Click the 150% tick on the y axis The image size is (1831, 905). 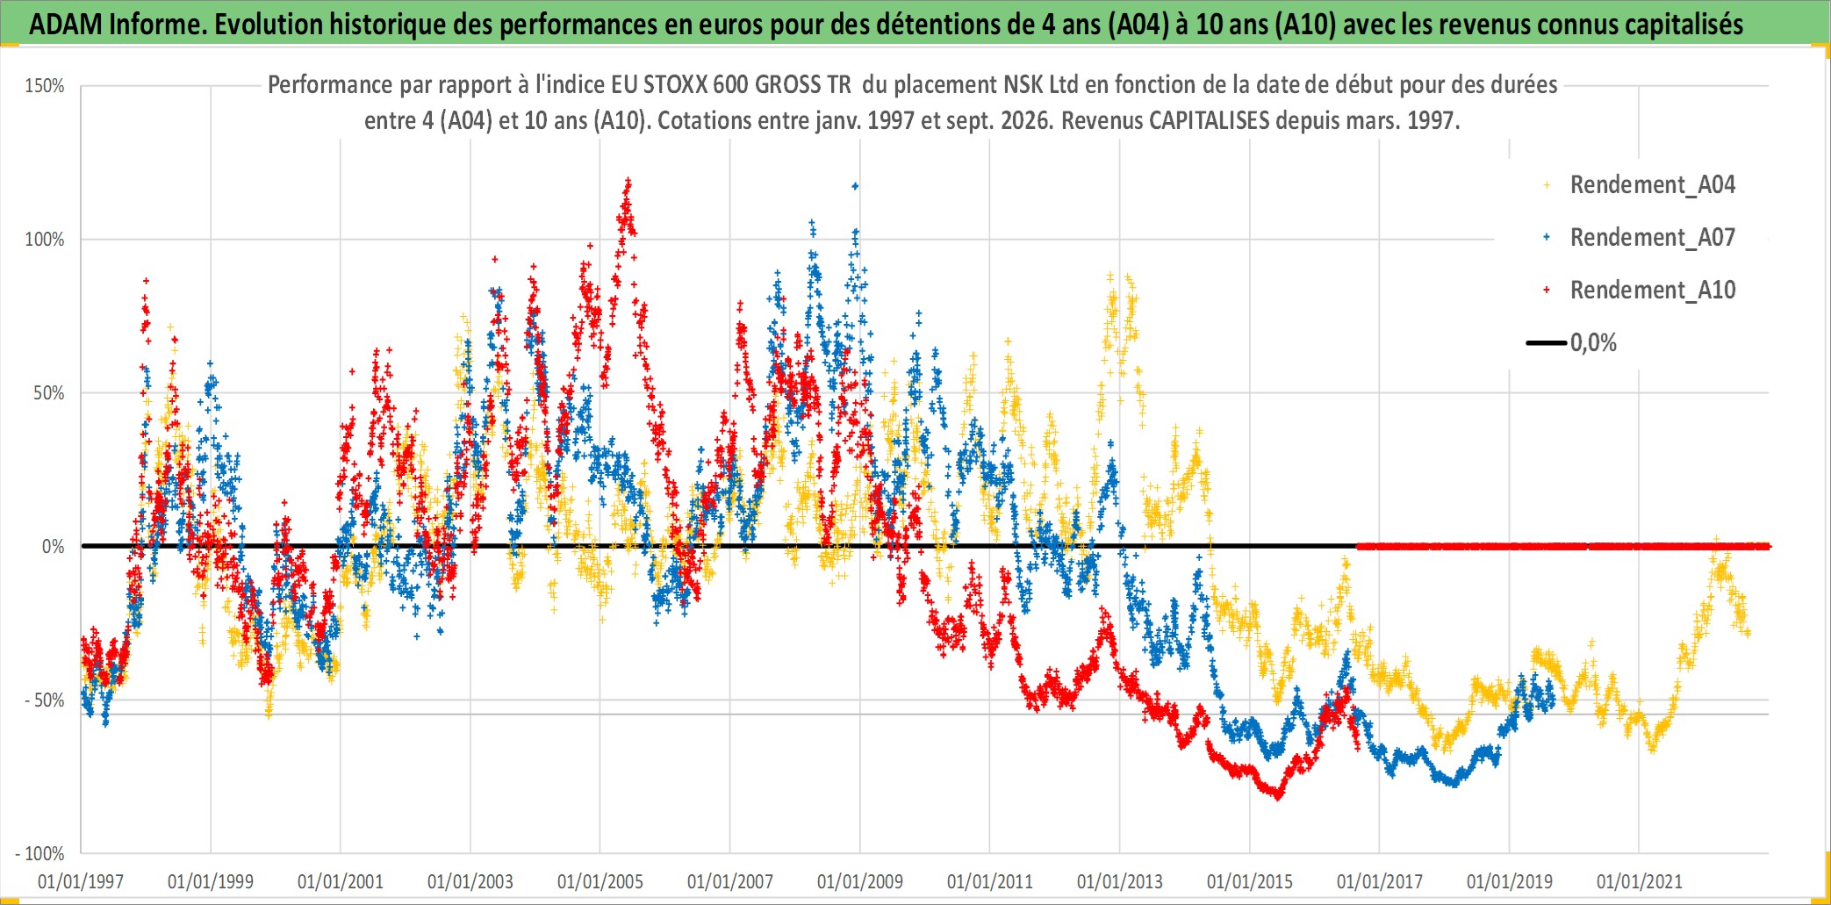pyautogui.click(x=44, y=86)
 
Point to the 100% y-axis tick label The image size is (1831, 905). pyautogui.click(x=44, y=240)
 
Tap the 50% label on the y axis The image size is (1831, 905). pyautogui.click(x=48, y=393)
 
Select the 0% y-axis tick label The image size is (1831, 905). pyautogui.click(x=54, y=547)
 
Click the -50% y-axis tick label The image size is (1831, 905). pyautogui.click(x=44, y=700)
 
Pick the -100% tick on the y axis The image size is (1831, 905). pyautogui.click(x=40, y=853)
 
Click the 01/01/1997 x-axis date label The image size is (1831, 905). pyautogui.click(x=81, y=881)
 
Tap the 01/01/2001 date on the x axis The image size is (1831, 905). pyautogui.click(x=341, y=881)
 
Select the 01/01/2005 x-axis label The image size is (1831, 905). pyautogui.click(x=600, y=881)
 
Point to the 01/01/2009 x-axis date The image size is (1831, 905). pyautogui.click(x=860, y=881)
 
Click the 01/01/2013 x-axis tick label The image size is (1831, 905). pyautogui.click(x=1120, y=881)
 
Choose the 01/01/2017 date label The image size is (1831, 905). pyautogui.click(x=1380, y=881)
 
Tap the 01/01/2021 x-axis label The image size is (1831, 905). pyautogui.click(x=1640, y=881)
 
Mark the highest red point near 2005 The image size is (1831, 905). pyautogui.click(x=628, y=180)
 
